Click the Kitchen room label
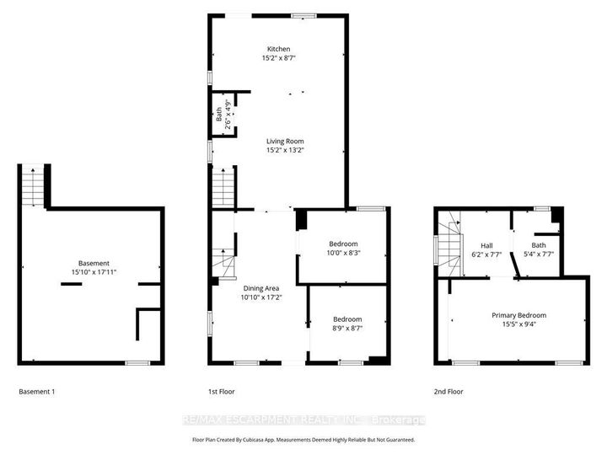pyautogui.click(x=278, y=48)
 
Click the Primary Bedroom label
pyautogui.click(x=518, y=315)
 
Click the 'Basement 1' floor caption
pyautogui.click(x=40, y=392)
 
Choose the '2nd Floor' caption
pyautogui.click(x=449, y=392)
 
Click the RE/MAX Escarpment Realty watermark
pyautogui.click(x=303, y=420)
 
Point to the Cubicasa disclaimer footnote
pyautogui.click(x=303, y=440)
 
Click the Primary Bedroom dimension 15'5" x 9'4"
pyautogui.click(x=518, y=324)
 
